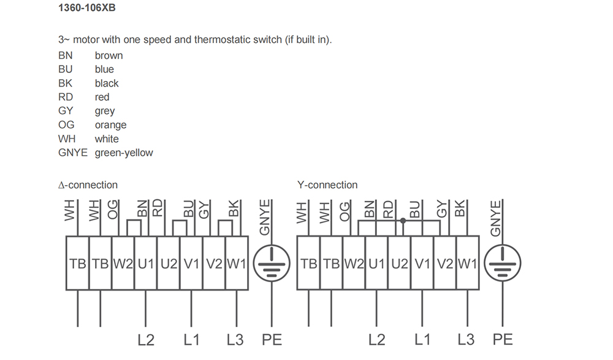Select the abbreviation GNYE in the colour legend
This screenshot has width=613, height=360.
pos(73,153)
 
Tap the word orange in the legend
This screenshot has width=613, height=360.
pos(111,125)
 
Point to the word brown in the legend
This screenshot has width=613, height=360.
pos(109,56)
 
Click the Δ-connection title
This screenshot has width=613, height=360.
pos(88,185)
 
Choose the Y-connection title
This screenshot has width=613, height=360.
pos(327,185)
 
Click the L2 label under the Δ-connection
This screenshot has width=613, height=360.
pos(146,339)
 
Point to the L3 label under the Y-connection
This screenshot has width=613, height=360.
pos(466,339)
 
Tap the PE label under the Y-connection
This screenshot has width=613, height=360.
pos(503,339)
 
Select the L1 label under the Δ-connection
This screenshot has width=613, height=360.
pos(191,339)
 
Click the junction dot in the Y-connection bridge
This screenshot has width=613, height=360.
pos(403,221)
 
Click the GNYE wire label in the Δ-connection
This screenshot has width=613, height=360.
pos(265,217)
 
